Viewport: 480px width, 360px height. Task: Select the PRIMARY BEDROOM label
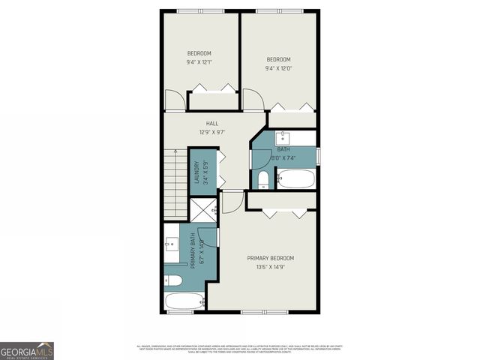pyautogui.click(x=270, y=257)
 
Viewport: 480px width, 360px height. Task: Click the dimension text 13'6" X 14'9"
pyautogui.click(x=270, y=266)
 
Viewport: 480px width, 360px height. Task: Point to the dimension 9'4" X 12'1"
pyautogui.click(x=199, y=61)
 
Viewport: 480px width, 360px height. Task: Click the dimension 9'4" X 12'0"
pyautogui.click(x=278, y=67)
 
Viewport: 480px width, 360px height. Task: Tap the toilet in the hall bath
pyautogui.click(x=263, y=179)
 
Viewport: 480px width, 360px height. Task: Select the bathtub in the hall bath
pyautogui.click(x=296, y=178)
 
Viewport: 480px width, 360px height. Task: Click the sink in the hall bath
pyautogui.click(x=284, y=137)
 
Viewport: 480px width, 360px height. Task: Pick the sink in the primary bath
pyautogui.click(x=172, y=244)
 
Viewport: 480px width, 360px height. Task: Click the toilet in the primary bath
pyautogui.click(x=172, y=280)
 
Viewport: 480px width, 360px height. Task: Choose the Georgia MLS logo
pyautogui.click(x=27, y=350)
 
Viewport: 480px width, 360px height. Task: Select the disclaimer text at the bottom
pyautogui.click(x=239, y=348)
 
